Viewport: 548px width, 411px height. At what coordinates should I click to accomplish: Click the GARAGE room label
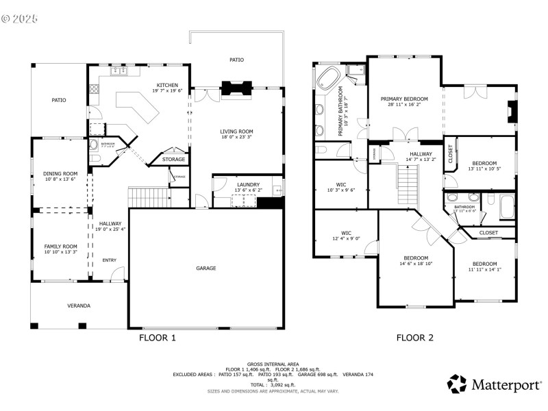click(206, 268)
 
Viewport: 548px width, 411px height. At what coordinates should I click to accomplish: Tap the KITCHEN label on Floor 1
click(167, 86)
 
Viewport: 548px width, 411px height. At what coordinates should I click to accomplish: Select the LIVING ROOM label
click(236, 132)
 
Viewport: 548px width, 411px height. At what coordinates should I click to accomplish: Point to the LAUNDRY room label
click(247, 184)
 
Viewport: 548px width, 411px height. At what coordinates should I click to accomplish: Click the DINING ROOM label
click(60, 174)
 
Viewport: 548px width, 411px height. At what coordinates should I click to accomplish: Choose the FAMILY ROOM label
click(60, 247)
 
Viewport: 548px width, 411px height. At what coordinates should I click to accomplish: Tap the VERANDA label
click(79, 306)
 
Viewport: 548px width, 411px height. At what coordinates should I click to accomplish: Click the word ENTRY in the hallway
click(110, 260)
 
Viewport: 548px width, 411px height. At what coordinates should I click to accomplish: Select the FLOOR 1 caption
click(158, 338)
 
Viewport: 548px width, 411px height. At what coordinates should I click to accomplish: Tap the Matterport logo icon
click(457, 384)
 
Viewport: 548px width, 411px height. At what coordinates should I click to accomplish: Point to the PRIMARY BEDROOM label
click(404, 99)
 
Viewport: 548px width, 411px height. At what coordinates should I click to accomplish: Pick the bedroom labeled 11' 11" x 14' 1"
click(484, 264)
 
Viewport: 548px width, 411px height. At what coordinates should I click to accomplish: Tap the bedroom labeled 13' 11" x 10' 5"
click(482, 164)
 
